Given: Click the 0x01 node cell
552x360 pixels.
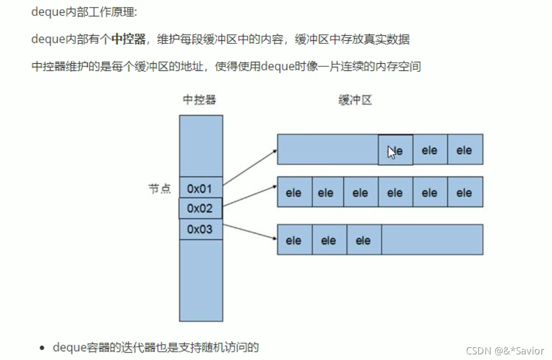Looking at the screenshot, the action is pos(200,188).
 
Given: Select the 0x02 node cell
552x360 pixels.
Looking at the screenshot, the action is pos(200,209).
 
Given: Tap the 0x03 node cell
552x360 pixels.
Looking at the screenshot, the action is pos(200,229).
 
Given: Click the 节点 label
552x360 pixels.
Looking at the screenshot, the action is pos(160,189).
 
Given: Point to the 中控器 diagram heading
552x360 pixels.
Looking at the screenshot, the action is pos(199,100).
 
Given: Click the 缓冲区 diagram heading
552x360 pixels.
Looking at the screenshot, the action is pos(355,100).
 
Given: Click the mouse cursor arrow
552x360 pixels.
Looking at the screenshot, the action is pos(391,152).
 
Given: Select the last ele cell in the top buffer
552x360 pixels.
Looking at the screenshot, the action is pos(465,150).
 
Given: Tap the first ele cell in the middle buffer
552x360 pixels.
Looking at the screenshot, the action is pos(294,192).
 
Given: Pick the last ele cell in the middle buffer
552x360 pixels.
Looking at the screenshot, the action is pos(465,192).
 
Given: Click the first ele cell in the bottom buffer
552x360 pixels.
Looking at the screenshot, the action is pos(294,240).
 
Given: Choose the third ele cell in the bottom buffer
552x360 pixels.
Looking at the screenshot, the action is pos(363,240).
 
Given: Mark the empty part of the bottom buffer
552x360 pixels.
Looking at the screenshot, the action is pos(432,240).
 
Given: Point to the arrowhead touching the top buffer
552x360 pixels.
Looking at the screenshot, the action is pos(275,150).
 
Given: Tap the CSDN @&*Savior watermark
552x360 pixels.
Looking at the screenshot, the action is pos(505,350).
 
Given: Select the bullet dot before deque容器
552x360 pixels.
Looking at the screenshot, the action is pos(43,349).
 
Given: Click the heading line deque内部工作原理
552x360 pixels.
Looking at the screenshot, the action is pos(84,12).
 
